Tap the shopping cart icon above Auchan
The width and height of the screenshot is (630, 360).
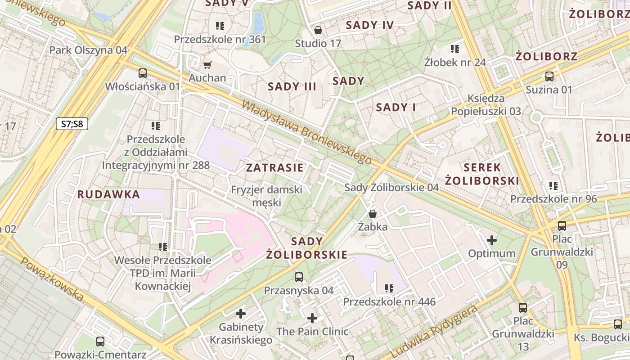[x=207, y=65]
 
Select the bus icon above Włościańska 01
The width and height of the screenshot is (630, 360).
[x=143, y=73]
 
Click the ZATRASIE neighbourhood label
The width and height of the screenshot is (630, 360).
[x=274, y=168]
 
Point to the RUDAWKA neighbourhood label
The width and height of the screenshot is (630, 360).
[x=108, y=194]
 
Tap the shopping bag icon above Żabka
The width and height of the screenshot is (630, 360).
[x=373, y=214]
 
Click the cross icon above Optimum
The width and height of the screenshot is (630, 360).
[x=492, y=240]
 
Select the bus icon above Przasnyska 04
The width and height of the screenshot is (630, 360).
[x=299, y=277]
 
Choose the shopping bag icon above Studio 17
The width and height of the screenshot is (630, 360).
[x=318, y=31]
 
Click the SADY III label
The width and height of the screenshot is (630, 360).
[x=292, y=86]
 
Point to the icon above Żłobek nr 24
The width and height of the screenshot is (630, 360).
[x=455, y=49]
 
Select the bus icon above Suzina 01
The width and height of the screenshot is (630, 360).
[x=549, y=76]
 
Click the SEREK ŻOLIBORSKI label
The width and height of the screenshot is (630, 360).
[x=482, y=174]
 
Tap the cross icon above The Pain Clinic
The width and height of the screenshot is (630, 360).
[x=312, y=319]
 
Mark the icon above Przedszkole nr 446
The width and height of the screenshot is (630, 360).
[x=389, y=288]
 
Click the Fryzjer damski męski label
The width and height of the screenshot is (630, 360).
[x=266, y=196]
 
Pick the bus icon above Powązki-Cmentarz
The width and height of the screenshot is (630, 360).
[x=100, y=342]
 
